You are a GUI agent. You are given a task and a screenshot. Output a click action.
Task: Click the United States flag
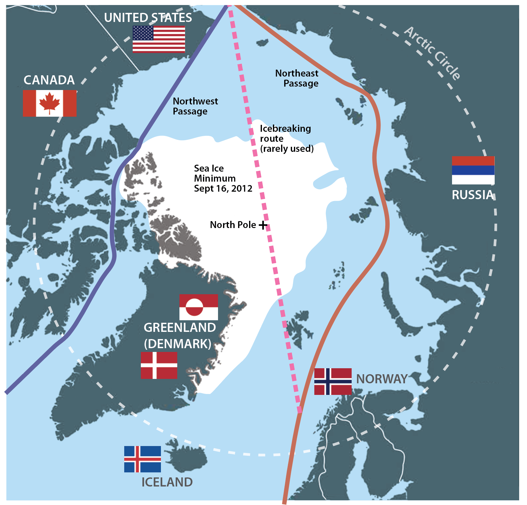159,39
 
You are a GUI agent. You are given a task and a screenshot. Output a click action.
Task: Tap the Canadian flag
50,103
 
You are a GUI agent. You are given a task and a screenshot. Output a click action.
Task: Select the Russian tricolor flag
473,170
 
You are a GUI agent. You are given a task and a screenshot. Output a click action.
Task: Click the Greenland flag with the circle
199,307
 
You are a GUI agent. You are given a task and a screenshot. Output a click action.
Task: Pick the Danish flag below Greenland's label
159,365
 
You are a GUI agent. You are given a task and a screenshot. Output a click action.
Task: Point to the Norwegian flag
333,381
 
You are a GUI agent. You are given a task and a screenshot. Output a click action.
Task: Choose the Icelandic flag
142,459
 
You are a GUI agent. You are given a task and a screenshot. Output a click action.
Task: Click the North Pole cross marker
263,225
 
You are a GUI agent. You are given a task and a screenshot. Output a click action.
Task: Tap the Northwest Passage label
195,106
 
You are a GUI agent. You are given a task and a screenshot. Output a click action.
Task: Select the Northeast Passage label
297,78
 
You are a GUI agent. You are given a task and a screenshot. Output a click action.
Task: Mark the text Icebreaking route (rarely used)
286,138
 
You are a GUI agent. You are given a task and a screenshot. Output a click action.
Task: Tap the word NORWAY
382,379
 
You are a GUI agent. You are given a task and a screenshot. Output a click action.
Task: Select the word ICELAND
167,482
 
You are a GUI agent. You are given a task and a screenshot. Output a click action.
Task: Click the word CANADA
49,80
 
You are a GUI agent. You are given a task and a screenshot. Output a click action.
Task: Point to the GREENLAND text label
180,327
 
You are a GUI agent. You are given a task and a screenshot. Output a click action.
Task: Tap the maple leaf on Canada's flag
50,103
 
